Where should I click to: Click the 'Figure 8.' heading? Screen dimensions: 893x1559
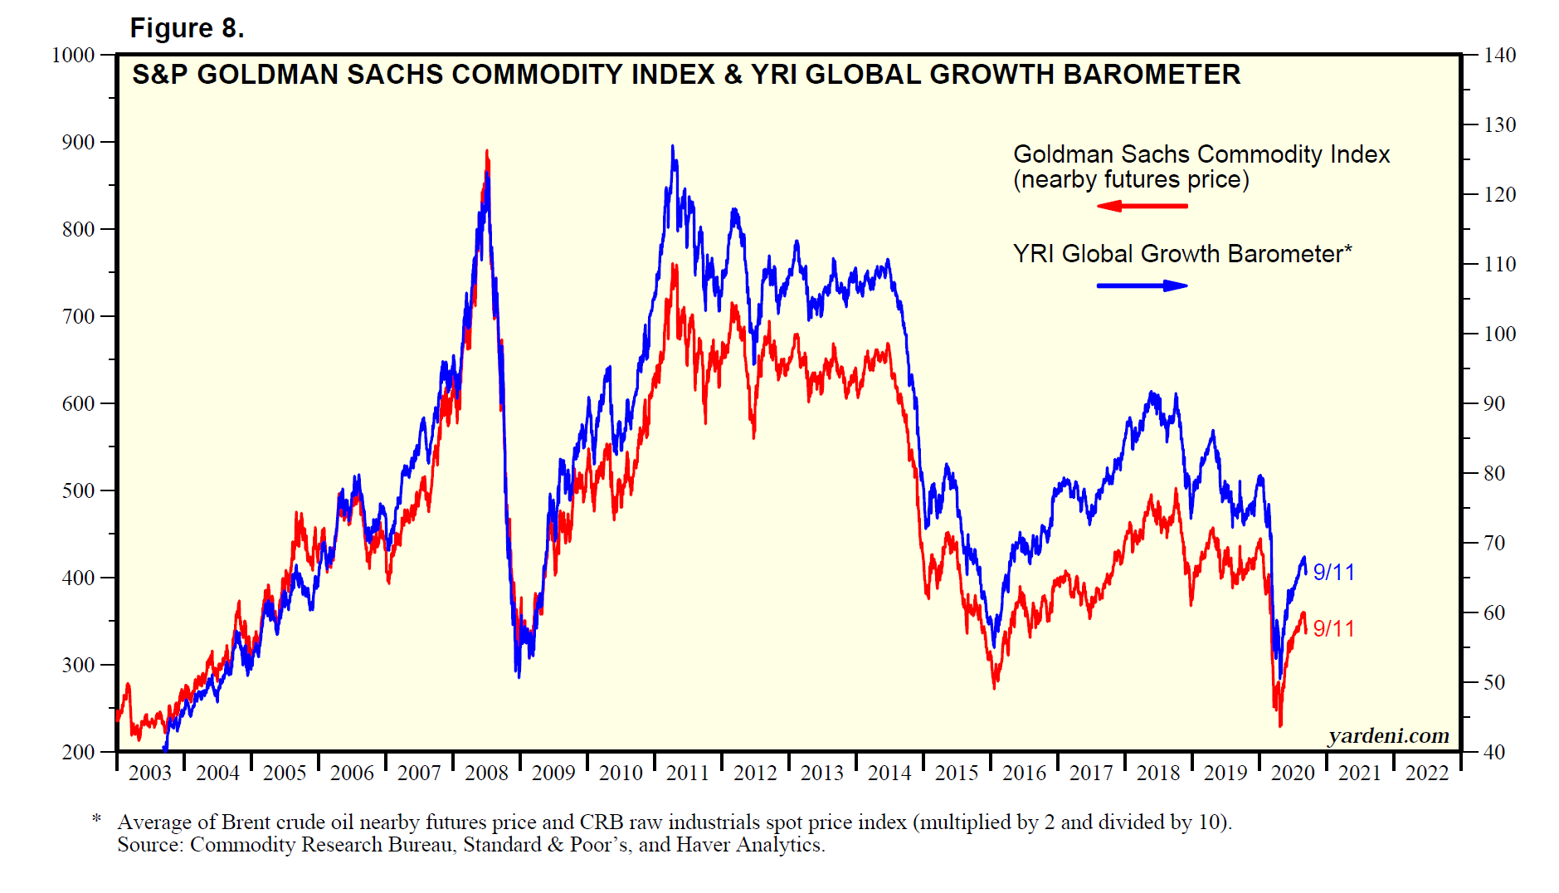(x=187, y=28)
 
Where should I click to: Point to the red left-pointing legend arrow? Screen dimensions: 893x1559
(x=1142, y=205)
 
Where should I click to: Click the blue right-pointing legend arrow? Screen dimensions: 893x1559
(x=1142, y=285)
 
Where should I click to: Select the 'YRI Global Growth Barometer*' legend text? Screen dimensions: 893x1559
(x=1182, y=254)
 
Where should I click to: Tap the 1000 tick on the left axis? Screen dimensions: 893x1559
(x=73, y=56)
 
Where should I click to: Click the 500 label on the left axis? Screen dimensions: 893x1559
(x=78, y=490)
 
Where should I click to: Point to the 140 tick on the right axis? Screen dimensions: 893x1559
(x=1499, y=56)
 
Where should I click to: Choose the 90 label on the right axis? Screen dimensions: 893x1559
(x=1494, y=404)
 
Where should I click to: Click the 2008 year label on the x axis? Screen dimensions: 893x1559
(x=486, y=773)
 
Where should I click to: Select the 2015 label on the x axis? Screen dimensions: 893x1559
(x=957, y=773)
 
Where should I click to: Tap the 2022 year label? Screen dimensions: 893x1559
(x=1427, y=773)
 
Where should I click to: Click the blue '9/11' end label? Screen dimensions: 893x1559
(x=1333, y=573)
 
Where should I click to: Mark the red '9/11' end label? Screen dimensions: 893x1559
(x=1333, y=629)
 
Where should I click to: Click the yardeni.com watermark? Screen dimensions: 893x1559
(x=1388, y=736)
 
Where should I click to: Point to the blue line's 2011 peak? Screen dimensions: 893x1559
(x=672, y=147)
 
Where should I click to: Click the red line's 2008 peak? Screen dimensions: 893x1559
(x=487, y=152)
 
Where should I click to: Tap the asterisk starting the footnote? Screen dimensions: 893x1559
(x=97, y=820)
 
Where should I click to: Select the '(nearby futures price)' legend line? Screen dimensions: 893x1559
(x=1131, y=180)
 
